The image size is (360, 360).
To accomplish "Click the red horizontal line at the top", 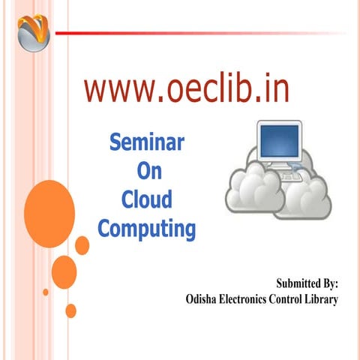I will (202, 33).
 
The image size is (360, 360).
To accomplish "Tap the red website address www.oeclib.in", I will (186, 89).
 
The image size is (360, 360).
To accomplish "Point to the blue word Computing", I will (147, 228).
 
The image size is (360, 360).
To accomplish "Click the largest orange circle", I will (49, 206).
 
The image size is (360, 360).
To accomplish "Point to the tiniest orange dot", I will (46, 292).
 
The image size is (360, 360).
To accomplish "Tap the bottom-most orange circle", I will (71, 310).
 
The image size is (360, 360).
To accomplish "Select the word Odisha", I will (203, 300).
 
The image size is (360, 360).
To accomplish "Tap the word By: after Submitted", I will (331, 284).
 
